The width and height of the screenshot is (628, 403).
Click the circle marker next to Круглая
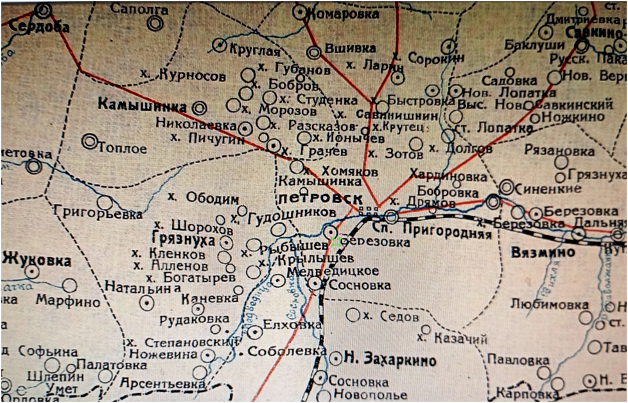tap(220, 45)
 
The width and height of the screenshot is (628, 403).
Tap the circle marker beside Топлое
tap(90, 141)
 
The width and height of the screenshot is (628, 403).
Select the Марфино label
tap(68, 301)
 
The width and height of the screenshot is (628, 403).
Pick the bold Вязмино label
tap(543, 253)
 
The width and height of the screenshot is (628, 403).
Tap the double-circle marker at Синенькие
tap(507, 187)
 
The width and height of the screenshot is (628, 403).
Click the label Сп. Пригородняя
tap(432, 229)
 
